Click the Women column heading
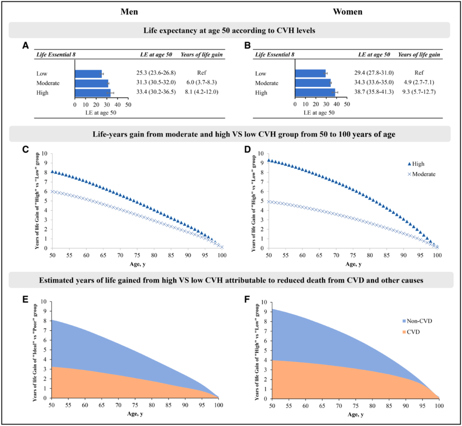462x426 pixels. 348,12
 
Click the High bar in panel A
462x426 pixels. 92,93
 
